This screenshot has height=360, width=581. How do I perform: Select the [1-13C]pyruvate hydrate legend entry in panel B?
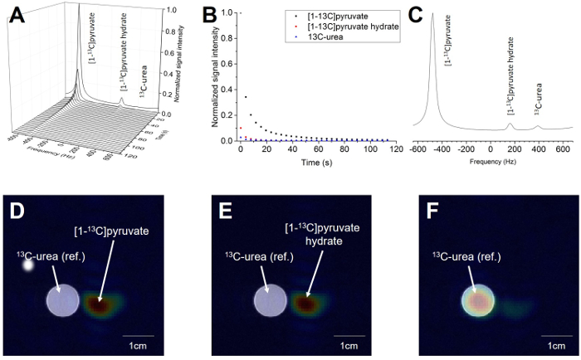tap(349, 27)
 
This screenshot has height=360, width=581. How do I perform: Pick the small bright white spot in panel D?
tap(28, 266)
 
